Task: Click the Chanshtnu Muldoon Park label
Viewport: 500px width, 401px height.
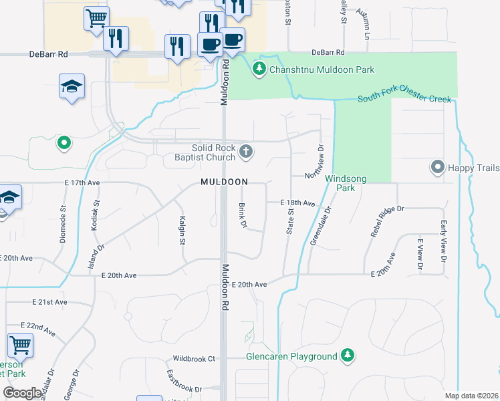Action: [322, 70]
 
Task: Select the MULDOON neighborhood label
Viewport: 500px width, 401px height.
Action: [224, 182]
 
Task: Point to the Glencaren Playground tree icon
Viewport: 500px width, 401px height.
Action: [346, 356]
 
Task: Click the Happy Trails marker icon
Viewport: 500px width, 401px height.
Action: [438, 166]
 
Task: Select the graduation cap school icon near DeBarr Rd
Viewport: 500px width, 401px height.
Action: [72, 87]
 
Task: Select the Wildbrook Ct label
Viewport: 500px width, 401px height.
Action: [194, 359]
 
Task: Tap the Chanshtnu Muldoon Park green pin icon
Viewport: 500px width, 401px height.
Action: [259, 68]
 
